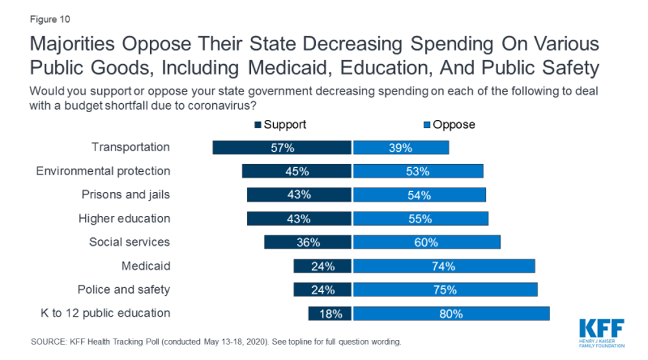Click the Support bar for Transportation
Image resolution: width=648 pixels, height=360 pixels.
282,148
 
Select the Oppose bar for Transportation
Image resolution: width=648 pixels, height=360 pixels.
401,148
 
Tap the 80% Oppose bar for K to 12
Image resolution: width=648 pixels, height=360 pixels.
451,313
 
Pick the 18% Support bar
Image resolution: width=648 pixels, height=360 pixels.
330,313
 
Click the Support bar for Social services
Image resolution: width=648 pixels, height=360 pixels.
307,242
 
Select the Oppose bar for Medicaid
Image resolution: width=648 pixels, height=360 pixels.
444,266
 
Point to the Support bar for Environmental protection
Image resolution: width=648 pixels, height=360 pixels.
296,171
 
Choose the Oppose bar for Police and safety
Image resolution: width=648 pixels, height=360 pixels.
445,290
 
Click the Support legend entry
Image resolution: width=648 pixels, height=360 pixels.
280,124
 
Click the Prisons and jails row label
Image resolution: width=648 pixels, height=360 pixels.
125,195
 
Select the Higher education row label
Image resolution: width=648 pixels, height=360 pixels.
124,219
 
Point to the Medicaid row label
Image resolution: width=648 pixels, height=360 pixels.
145,266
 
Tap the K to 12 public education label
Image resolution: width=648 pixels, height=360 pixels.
103,313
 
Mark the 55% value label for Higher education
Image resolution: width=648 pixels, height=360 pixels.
420,219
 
